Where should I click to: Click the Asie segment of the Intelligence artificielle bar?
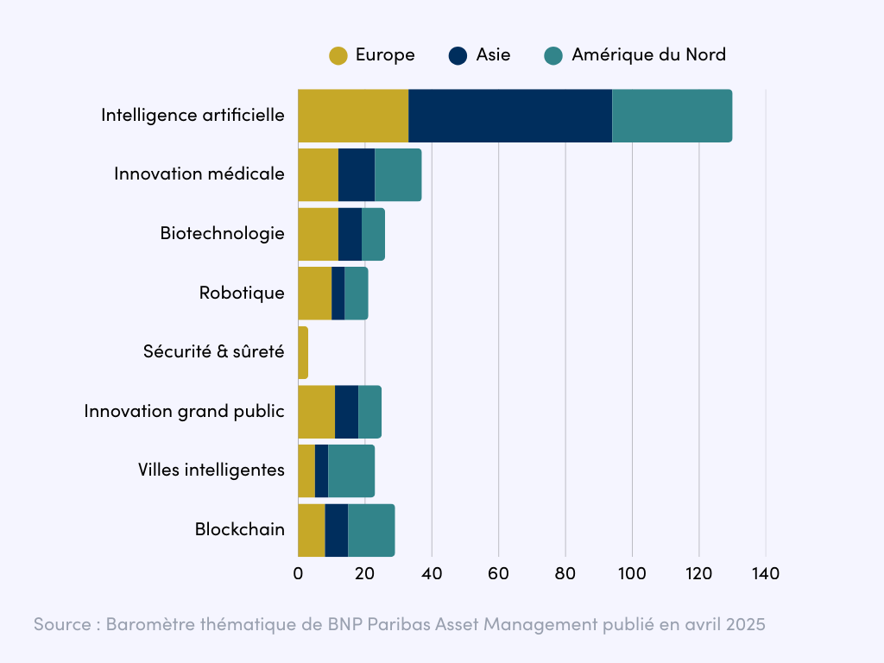(x=510, y=116)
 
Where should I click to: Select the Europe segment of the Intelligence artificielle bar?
(x=353, y=116)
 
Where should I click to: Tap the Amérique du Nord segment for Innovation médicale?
(x=398, y=175)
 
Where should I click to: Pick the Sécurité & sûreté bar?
(x=303, y=352)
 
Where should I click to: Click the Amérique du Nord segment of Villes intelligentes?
(x=351, y=470)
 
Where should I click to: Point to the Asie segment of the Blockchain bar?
(x=337, y=530)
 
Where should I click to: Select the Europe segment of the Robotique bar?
(x=314, y=294)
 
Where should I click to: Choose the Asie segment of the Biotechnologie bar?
(x=350, y=234)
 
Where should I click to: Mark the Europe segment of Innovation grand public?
(x=316, y=412)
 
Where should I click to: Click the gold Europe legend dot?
(x=338, y=55)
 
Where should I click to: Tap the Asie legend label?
(x=493, y=55)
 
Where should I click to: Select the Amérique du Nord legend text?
(x=648, y=55)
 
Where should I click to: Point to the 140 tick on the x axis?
(x=766, y=573)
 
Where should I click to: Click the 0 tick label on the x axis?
(x=298, y=573)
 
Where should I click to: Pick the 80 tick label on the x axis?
(x=565, y=573)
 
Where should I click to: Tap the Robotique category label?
(x=242, y=293)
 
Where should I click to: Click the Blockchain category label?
(x=239, y=529)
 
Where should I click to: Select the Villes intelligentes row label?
(x=211, y=470)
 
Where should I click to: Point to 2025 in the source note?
(x=745, y=625)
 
